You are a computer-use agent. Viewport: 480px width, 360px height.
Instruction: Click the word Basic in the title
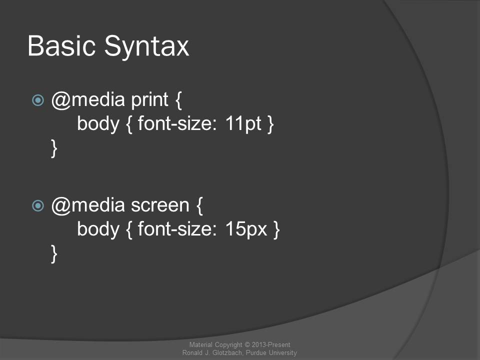click(x=61, y=46)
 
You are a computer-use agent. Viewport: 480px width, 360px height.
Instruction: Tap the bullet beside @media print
click(x=38, y=100)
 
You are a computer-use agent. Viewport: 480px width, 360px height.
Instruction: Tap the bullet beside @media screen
click(x=38, y=205)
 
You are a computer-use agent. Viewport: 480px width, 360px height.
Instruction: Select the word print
click(x=149, y=100)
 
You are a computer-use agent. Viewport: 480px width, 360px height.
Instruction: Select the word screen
click(x=160, y=205)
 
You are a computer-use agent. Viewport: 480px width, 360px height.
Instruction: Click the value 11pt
click(x=243, y=124)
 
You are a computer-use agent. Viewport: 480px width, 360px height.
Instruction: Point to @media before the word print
click(x=88, y=100)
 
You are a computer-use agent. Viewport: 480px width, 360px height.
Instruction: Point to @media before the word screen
click(x=88, y=205)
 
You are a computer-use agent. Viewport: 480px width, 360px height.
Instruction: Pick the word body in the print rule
click(x=98, y=124)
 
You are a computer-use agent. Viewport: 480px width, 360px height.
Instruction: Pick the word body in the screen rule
click(x=98, y=229)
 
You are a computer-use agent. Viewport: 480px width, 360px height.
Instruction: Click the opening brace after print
click(x=179, y=100)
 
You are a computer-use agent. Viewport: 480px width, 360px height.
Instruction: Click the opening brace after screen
click(x=199, y=205)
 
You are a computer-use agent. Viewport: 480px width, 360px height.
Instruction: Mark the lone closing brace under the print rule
click(x=54, y=148)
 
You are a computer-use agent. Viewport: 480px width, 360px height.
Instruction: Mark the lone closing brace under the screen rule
click(x=54, y=254)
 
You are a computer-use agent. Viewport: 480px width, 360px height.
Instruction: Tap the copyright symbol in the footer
click(x=247, y=344)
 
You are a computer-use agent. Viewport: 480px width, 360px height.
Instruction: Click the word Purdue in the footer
click(x=256, y=352)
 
